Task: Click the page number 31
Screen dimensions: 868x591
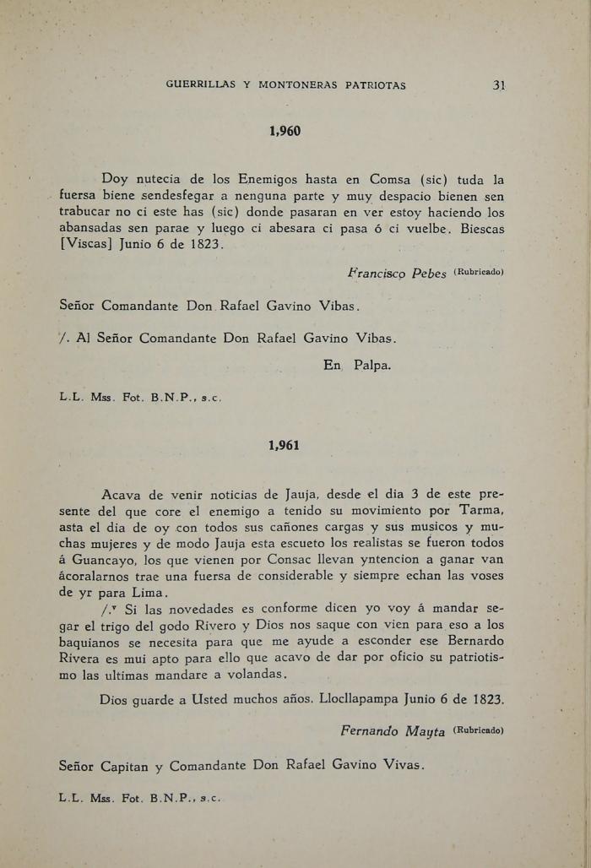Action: [498, 84]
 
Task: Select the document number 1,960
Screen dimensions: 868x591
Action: [285, 131]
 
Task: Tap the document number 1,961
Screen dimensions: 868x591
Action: [284, 445]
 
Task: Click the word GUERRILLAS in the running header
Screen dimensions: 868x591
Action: [198, 84]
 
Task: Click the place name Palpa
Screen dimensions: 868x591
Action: [372, 366]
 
